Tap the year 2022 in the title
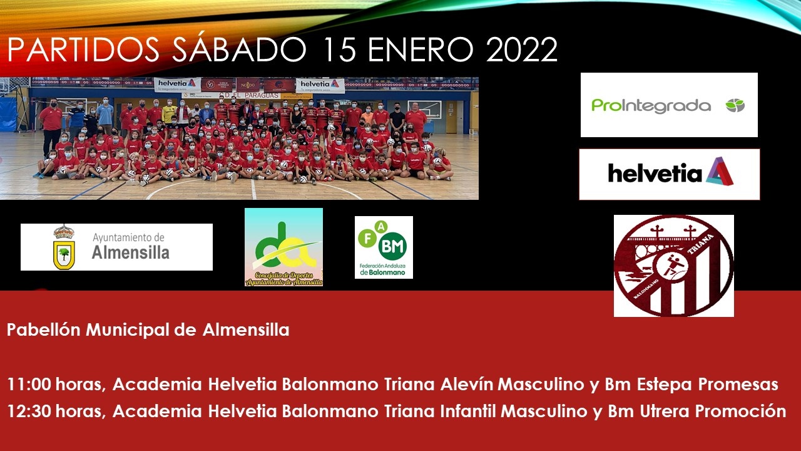coord(521,50)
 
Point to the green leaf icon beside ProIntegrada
coord(735,105)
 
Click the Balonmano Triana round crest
coord(674,266)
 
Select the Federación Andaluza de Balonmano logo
coord(384,247)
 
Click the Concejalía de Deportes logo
coord(283,247)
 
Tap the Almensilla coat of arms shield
coord(63,247)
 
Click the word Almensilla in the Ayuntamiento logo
coord(130,253)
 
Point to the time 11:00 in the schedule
coord(31,384)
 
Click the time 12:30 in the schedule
coord(31,412)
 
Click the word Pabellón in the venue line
coord(44,330)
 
